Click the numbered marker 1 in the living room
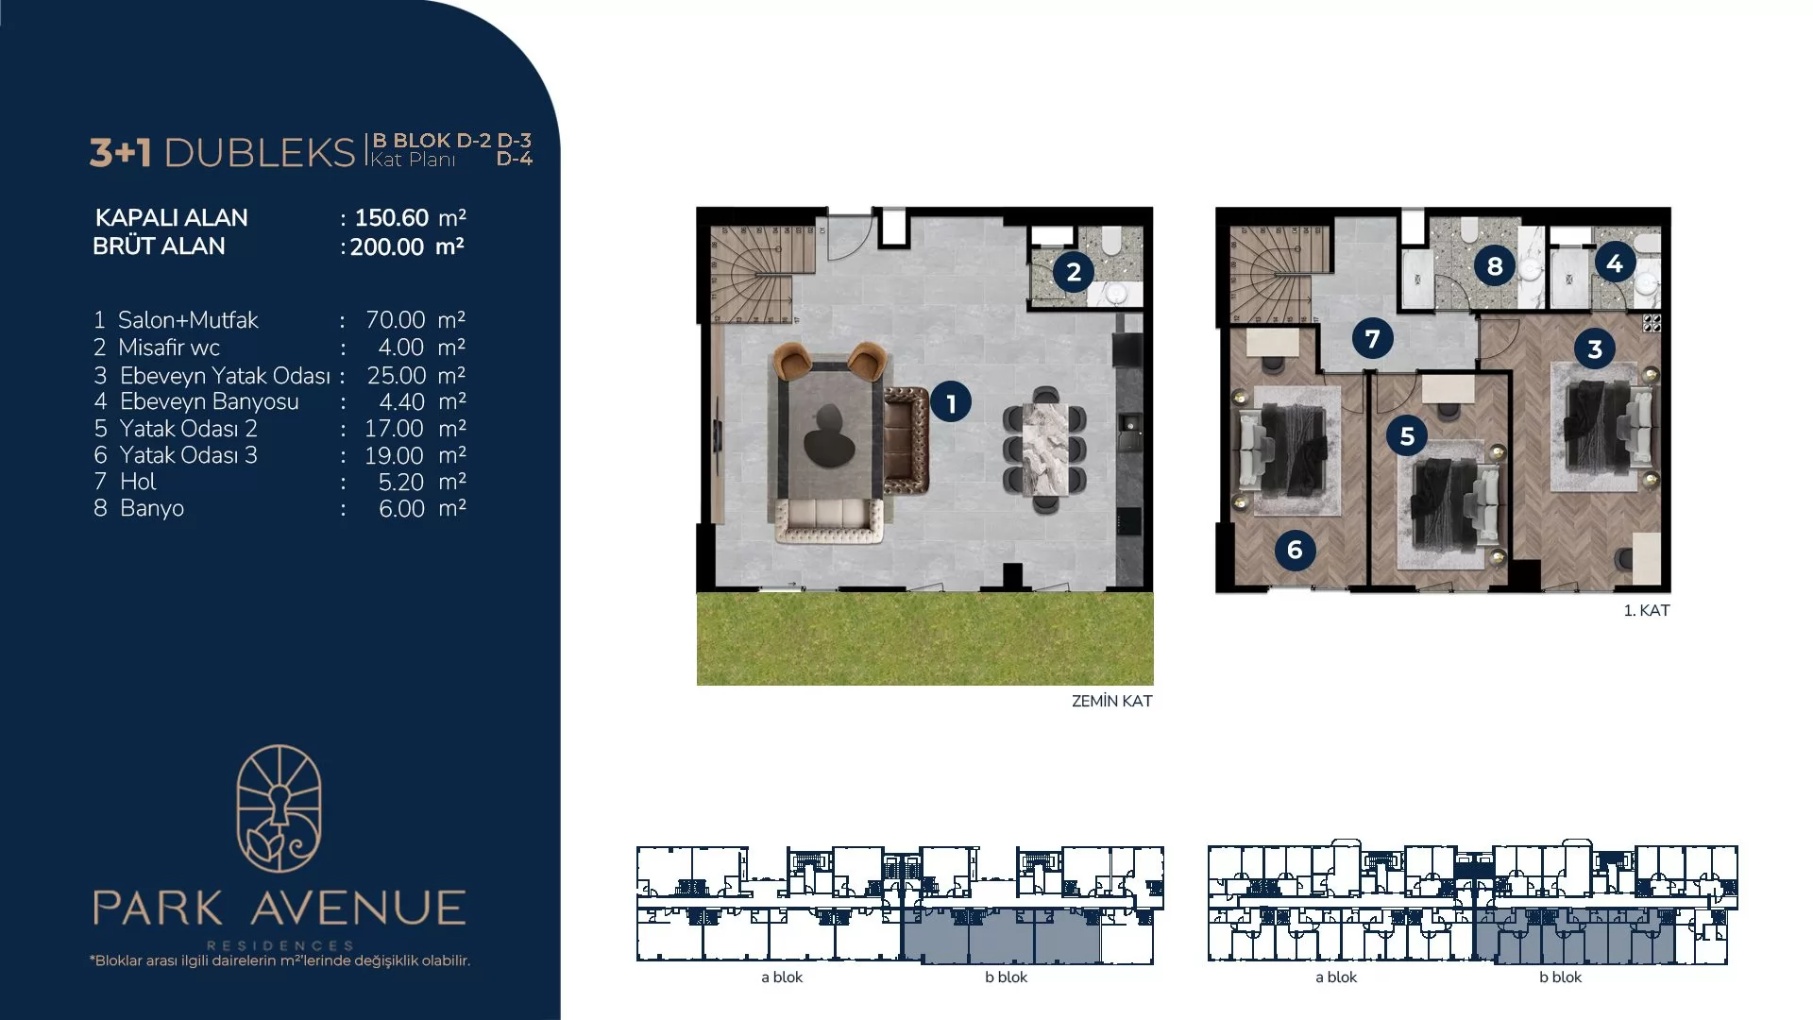[x=951, y=403]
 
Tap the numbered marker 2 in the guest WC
[x=1074, y=273]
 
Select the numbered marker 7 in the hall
[x=1372, y=338]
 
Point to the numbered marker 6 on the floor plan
[x=1295, y=550]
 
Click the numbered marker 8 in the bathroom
[x=1495, y=266]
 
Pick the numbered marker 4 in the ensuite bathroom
[x=1615, y=263]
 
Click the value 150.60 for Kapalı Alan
[x=392, y=218]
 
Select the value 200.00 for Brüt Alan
[x=387, y=247]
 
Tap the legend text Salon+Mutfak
[x=188, y=320]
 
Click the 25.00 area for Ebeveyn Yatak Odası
[x=396, y=376]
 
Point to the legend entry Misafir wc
[x=169, y=348]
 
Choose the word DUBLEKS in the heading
[x=260, y=153]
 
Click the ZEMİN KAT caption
[x=1111, y=701]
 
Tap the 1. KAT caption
[x=1647, y=610]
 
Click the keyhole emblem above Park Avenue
[x=279, y=808]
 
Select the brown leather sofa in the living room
[x=906, y=439]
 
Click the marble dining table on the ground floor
[x=1044, y=450]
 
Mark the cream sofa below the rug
[x=829, y=520]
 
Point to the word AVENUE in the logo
[x=359, y=908]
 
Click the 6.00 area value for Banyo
[x=401, y=509]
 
